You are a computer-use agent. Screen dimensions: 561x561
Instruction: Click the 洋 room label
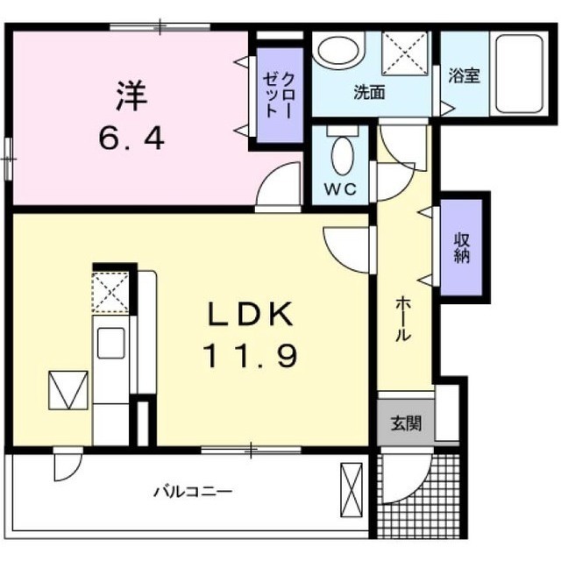pos(131,96)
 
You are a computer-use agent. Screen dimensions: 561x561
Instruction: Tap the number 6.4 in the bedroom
pos(131,138)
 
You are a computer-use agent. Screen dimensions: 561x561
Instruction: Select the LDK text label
pos(250,314)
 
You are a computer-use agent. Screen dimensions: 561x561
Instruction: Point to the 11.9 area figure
pos(250,355)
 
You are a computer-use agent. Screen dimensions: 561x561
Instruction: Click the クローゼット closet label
pos(279,95)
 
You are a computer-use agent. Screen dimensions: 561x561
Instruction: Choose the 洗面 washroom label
pos(369,92)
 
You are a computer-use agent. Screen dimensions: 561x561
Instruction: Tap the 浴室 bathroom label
pos(464,76)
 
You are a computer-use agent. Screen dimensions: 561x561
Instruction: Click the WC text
pos(340,188)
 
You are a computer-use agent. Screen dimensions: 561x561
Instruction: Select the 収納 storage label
pos(462,248)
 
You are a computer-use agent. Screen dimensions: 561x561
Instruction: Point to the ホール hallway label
pos(403,318)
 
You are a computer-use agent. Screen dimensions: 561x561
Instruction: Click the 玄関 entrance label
pos(406,423)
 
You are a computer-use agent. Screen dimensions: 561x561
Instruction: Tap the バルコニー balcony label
pos(193,492)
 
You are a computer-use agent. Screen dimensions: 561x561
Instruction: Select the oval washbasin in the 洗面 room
pos(338,51)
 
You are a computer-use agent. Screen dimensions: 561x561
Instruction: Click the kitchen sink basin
pos(111,343)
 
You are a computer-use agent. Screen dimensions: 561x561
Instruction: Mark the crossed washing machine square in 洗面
pos(405,53)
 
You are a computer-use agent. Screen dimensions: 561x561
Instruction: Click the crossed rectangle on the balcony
pos(352,490)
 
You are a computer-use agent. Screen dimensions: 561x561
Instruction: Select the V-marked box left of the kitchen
pos(68,390)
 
